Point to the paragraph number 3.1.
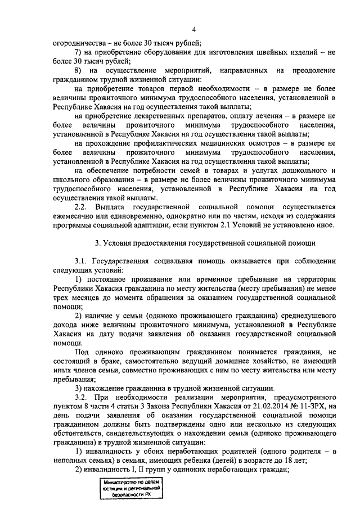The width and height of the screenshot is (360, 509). [x=82, y=261]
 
